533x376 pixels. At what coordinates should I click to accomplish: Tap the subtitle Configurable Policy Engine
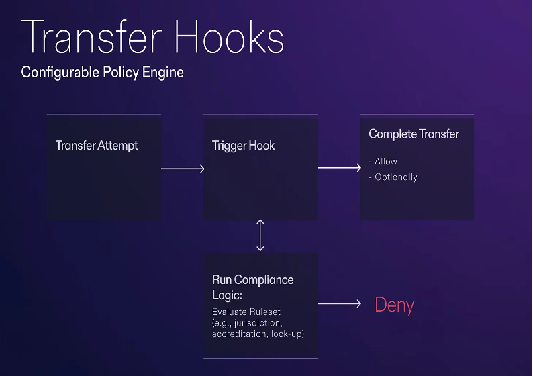click(102, 72)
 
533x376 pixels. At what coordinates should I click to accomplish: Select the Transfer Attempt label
click(97, 146)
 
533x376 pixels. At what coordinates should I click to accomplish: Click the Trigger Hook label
click(244, 146)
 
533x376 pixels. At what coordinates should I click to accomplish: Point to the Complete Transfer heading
click(414, 134)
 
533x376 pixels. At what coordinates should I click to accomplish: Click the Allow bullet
click(385, 162)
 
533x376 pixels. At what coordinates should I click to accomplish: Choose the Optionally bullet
click(395, 177)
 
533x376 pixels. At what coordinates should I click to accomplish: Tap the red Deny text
click(394, 305)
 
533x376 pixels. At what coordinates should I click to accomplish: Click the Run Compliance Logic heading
click(253, 287)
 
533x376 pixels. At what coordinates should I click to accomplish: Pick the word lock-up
click(287, 333)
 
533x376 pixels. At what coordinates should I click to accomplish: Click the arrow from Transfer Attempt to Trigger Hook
click(183, 169)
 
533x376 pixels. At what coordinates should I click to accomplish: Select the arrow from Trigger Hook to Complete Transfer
click(339, 168)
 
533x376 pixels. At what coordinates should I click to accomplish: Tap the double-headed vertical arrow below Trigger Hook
click(260, 235)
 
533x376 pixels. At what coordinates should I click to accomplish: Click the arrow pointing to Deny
click(339, 304)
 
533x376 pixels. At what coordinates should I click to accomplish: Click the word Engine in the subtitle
click(162, 72)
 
